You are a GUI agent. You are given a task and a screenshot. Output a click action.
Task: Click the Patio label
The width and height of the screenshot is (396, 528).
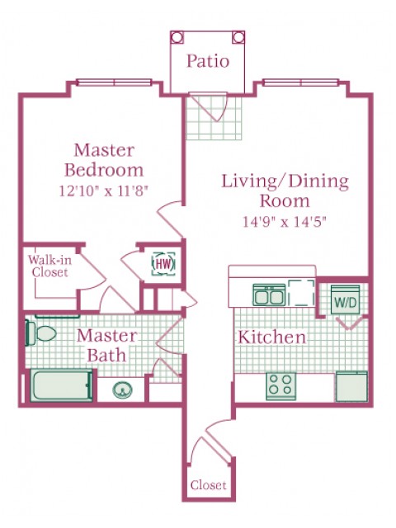click(x=208, y=61)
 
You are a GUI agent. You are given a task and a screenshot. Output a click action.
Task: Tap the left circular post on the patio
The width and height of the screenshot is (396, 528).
click(x=177, y=37)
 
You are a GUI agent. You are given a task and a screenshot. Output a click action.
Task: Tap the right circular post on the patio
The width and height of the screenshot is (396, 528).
click(x=238, y=37)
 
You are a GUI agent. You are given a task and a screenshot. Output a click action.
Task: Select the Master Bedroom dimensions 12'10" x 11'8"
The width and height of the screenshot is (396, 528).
click(x=104, y=191)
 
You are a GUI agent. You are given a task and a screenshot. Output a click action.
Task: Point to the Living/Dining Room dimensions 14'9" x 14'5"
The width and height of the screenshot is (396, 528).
click(x=285, y=222)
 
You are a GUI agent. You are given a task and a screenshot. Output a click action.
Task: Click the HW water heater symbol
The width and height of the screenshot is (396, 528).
click(x=163, y=264)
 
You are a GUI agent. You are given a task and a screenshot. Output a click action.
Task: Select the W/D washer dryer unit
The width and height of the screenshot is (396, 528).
click(x=345, y=299)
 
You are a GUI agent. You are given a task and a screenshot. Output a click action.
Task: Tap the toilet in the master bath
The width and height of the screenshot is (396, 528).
click(x=40, y=333)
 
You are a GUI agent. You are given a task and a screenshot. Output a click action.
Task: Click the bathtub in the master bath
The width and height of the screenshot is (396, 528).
click(x=61, y=385)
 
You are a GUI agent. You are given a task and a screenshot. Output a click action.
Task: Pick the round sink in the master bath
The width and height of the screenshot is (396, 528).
click(x=122, y=390)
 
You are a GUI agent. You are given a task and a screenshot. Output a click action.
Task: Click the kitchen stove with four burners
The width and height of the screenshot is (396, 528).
click(x=280, y=386)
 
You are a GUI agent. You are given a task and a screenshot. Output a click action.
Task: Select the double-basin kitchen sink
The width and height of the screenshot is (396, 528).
click(x=269, y=295)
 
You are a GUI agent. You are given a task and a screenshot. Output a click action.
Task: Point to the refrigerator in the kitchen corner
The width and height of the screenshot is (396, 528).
click(x=351, y=386)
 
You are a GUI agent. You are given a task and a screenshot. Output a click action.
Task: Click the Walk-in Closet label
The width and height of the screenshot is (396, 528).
click(x=49, y=266)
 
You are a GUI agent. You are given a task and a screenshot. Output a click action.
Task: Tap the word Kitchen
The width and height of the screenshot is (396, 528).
click(x=272, y=337)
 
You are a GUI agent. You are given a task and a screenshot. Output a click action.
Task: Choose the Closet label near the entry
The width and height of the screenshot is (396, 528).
click(x=208, y=485)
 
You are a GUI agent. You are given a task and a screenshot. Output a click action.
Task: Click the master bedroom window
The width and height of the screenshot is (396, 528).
click(x=114, y=82)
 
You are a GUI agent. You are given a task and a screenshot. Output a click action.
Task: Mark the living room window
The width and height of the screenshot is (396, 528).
click(x=300, y=82)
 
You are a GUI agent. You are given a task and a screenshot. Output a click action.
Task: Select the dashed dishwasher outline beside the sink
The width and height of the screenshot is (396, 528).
click(x=301, y=293)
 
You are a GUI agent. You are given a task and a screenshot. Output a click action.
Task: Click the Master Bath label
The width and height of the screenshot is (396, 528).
click(x=107, y=346)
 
